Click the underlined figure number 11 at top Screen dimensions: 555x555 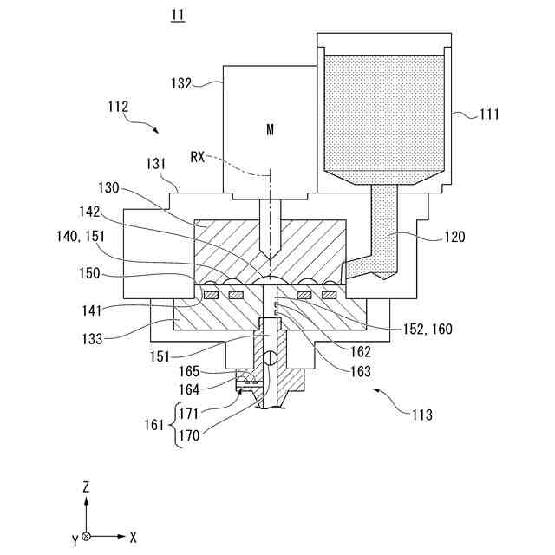[x=178, y=15]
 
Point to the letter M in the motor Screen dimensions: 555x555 [x=270, y=129]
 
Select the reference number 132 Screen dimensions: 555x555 [x=181, y=84]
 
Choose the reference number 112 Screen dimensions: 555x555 [x=118, y=107]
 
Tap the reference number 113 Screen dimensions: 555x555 [x=421, y=413]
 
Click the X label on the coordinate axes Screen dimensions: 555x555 [x=133, y=538]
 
